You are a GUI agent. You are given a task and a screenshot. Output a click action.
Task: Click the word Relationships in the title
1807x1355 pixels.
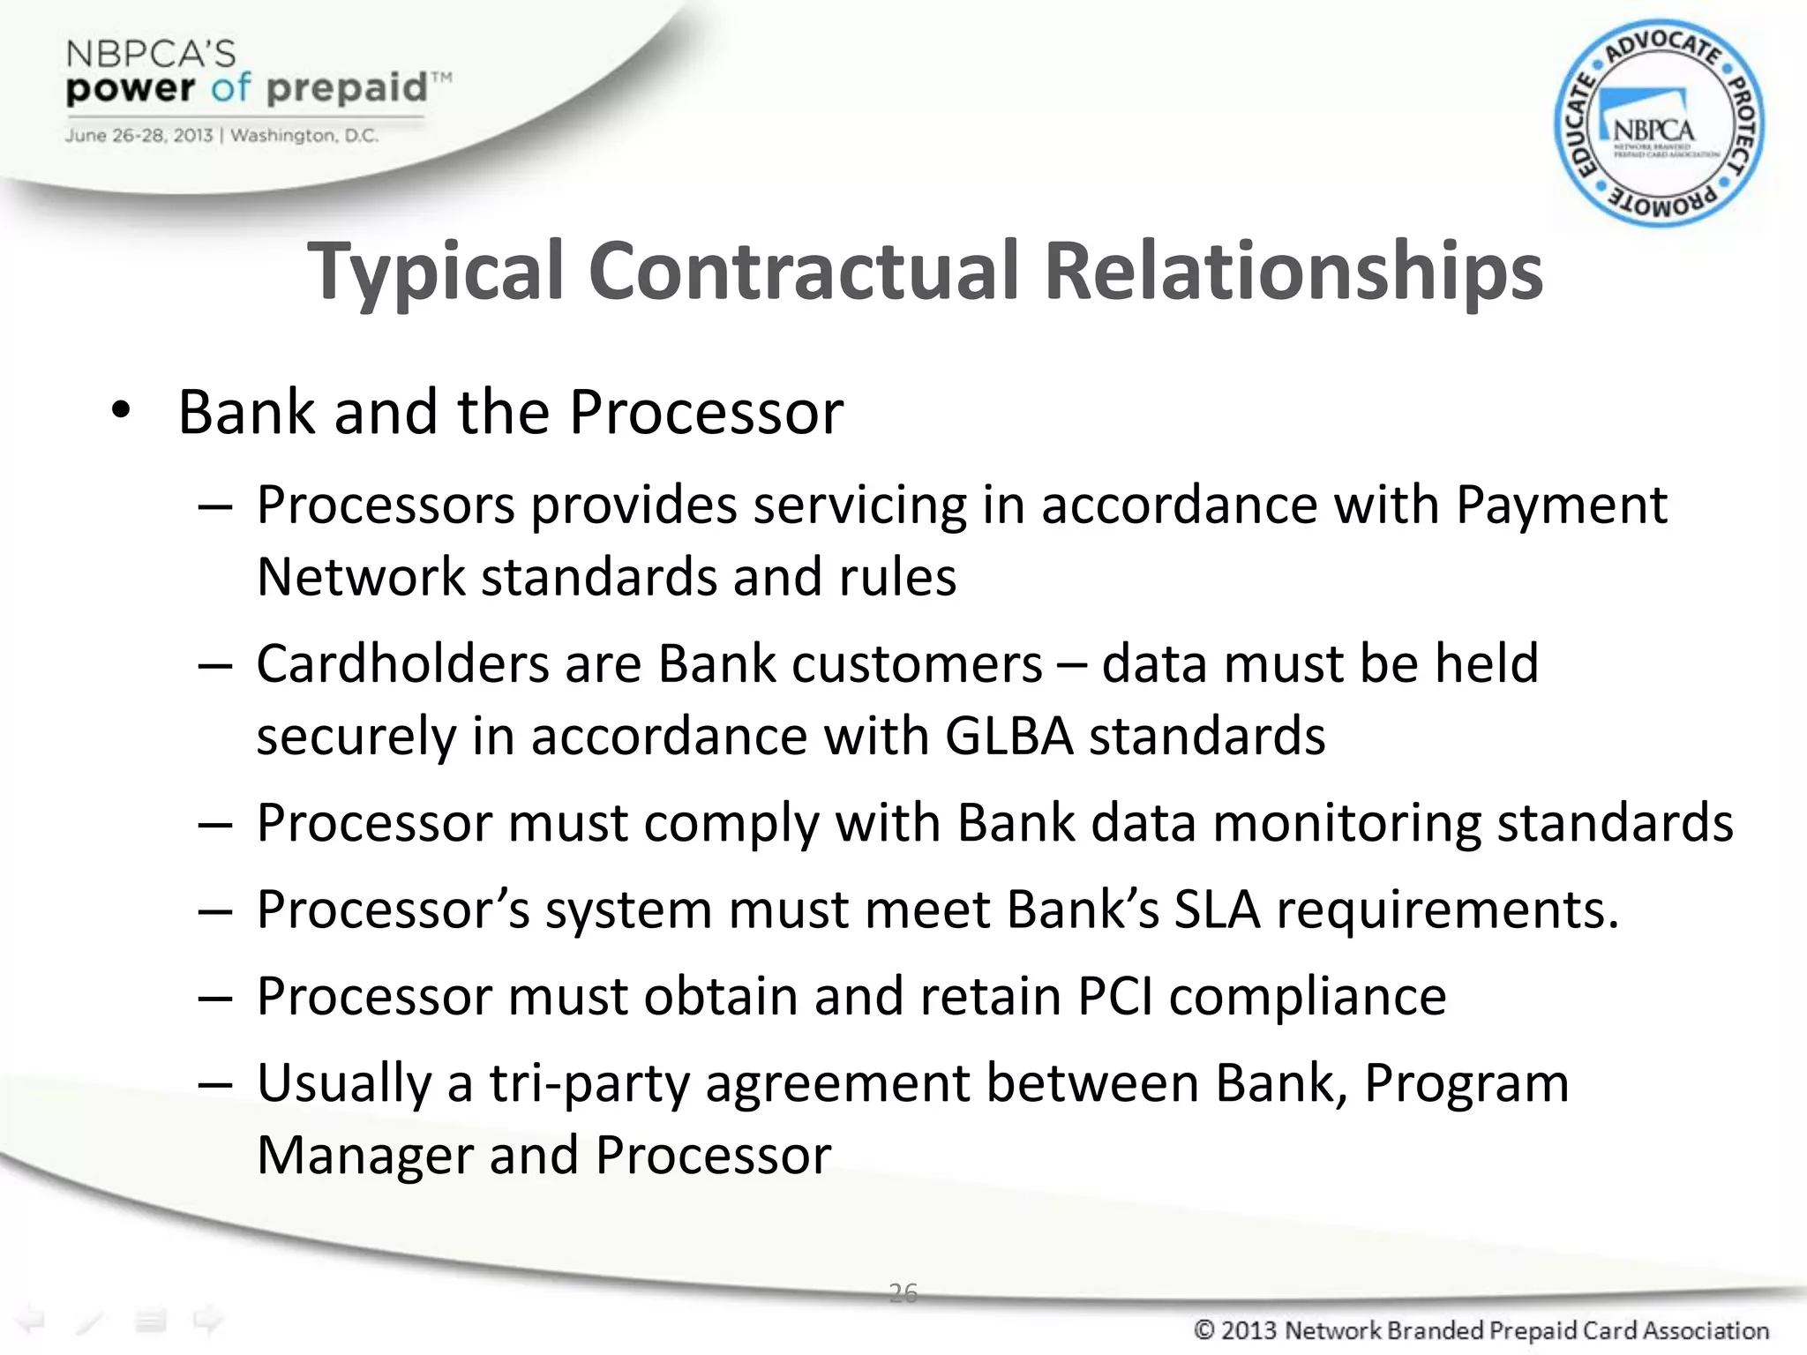[1293, 272]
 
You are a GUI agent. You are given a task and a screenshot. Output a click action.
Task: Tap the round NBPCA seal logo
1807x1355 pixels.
[1658, 124]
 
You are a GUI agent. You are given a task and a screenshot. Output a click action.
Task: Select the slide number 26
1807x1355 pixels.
[903, 1292]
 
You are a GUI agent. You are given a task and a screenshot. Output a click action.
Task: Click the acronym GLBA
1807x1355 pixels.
[1008, 736]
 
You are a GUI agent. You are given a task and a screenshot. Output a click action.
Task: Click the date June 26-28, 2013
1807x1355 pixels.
[139, 136]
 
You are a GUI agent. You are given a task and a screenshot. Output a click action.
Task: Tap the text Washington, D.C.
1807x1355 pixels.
[304, 136]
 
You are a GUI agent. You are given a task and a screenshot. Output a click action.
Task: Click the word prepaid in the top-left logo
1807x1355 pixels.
[346, 89]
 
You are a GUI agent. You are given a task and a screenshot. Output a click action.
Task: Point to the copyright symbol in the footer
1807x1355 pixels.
[1204, 1329]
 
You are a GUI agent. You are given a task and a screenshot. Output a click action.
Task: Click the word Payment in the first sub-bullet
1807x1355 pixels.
[1560, 505]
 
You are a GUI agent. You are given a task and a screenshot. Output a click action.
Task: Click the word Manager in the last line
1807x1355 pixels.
[364, 1156]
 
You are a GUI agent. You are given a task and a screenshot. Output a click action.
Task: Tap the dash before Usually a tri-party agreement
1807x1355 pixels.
[215, 1085]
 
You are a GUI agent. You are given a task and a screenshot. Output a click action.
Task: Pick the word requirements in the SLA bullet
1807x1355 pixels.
[1447, 910]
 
